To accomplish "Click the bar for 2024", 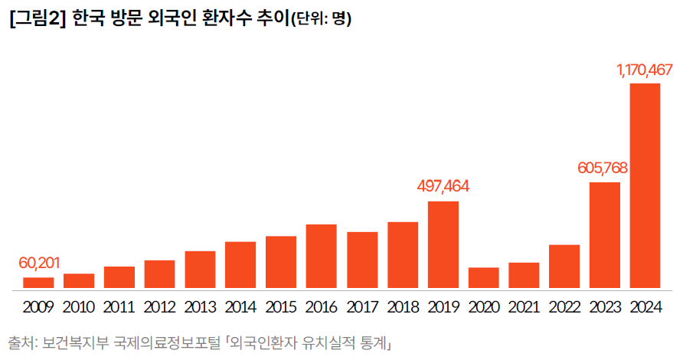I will (645, 187).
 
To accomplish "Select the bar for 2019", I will (443, 246).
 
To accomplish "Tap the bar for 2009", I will (38, 283).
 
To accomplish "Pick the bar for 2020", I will (483, 279).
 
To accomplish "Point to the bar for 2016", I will (322, 257).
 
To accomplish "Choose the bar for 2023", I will (604, 237).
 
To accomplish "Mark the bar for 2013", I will (200, 270).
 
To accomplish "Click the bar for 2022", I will (564, 267).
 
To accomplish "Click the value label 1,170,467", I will (645, 70).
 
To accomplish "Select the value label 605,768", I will (604, 169).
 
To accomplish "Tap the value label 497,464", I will (443, 186).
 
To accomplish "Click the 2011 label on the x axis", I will (119, 307).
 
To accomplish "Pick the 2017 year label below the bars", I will (362, 307).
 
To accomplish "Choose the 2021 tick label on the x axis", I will (524, 307).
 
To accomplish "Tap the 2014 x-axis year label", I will (240, 307).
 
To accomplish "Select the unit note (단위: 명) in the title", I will (321, 20).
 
